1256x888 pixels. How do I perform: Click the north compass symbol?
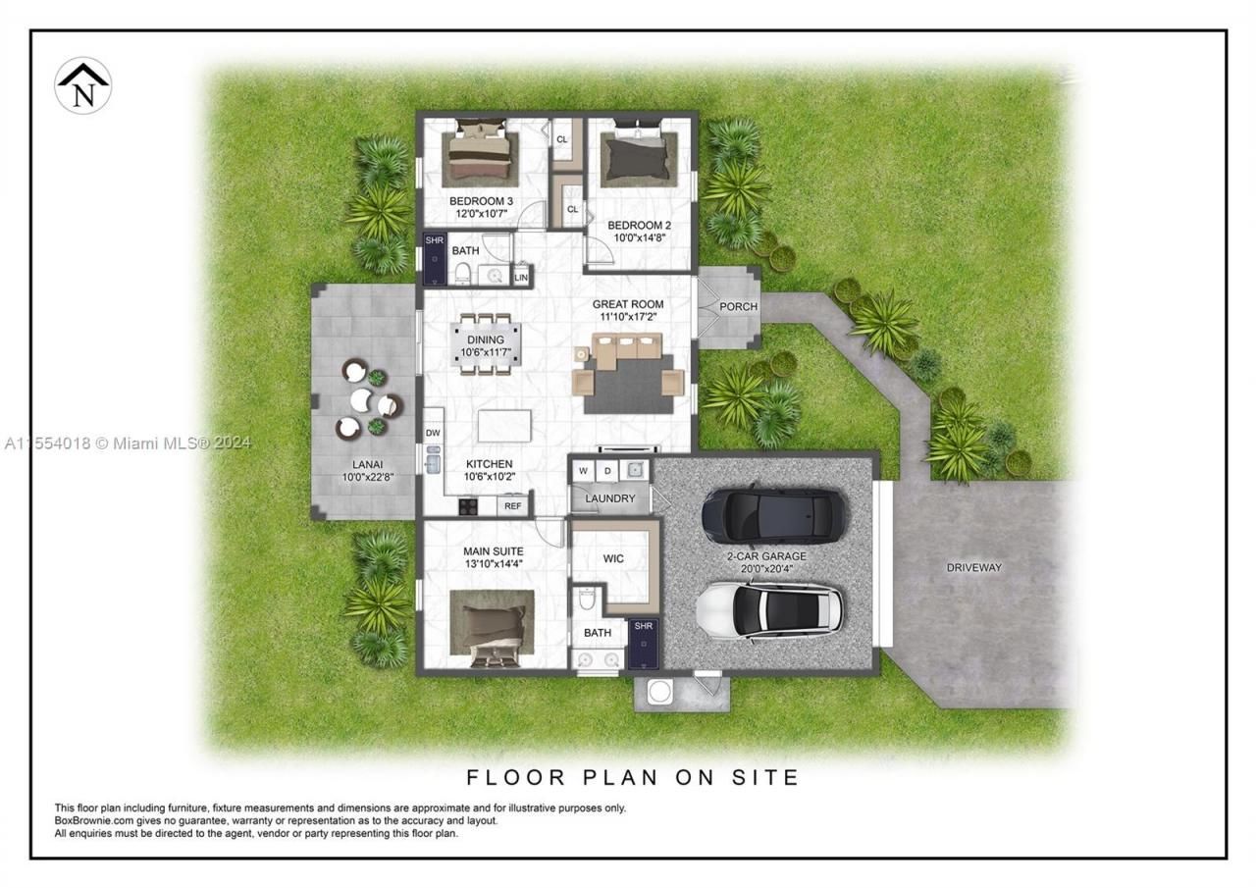[82, 86]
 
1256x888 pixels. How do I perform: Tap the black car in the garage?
[774, 514]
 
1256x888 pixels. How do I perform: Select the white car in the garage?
[769, 609]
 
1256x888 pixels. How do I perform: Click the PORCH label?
[738, 306]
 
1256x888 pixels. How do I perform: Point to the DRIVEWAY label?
[973, 567]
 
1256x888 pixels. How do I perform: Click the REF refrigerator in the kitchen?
[512, 506]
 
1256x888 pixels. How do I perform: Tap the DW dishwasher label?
[433, 432]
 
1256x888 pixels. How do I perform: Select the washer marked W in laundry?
[583, 471]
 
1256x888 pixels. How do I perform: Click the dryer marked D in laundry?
[607, 471]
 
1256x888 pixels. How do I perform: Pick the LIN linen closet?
[521, 277]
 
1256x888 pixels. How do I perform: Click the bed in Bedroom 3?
[479, 155]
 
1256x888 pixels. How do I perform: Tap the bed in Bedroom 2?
[638, 157]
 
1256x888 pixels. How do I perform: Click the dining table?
[486, 342]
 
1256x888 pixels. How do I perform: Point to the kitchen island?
[504, 426]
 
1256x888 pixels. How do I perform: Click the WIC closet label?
[613, 559]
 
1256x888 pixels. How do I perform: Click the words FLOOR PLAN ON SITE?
[633, 778]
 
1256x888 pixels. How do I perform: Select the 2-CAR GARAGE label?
[766, 556]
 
